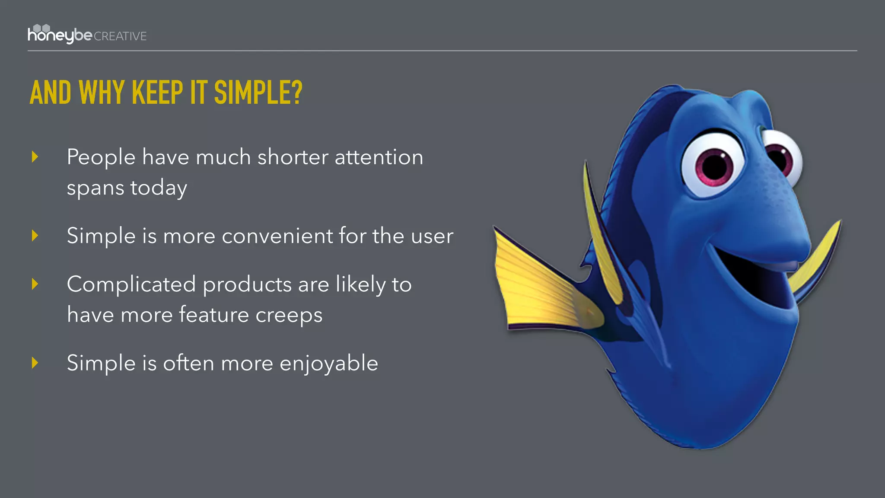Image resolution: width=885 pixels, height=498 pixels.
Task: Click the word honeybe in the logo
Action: point(60,35)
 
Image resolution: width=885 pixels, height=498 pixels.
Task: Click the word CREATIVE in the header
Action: point(120,36)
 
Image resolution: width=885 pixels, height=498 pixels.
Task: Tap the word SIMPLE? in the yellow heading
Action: point(258,93)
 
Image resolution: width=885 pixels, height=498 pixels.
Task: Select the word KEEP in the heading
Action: point(157,93)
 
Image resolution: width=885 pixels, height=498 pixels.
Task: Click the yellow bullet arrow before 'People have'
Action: point(35,157)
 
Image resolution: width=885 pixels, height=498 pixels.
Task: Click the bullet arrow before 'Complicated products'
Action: point(35,284)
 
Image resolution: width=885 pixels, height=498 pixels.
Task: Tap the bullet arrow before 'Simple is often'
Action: point(35,363)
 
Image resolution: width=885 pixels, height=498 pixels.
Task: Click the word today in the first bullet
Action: point(159,188)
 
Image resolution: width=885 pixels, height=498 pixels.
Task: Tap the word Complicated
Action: point(131,284)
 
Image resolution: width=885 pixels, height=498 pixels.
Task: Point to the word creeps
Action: point(289,315)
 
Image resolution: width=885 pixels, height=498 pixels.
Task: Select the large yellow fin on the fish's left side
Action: point(540,285)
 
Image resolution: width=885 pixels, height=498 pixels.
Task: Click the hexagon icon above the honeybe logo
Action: point(41,28)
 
